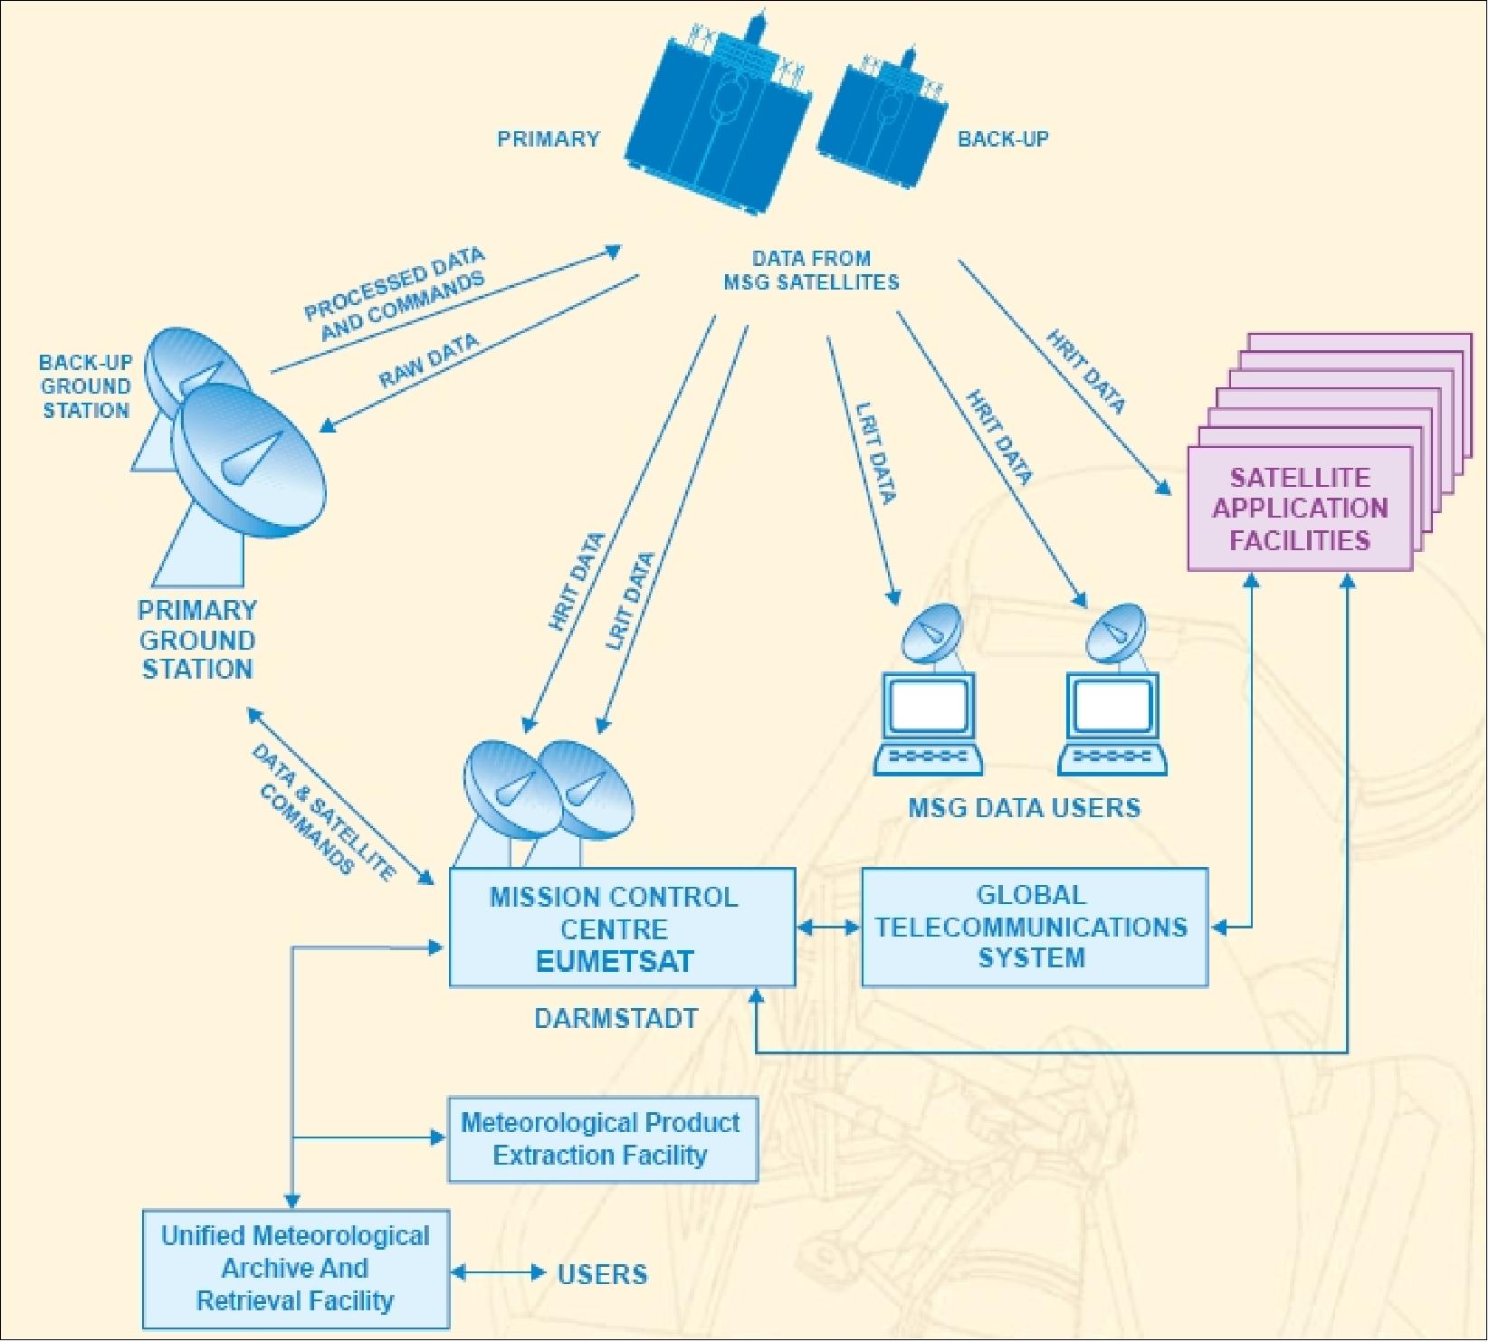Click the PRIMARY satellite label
[x=549, y=139]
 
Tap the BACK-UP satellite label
[x=1003, y=139]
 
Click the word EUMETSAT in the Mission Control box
[x=615, y=961]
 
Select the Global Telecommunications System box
[x=1033, y=927]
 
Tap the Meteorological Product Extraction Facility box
[x=602, y=1139]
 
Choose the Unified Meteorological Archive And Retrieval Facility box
[x=295, y=1269]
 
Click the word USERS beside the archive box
[x=602, y=1275]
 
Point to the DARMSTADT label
[x=616, y=1019]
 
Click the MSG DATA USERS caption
[x=1024, y=808]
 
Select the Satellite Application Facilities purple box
[x=1300, y=509]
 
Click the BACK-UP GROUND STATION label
[x=86, y=386]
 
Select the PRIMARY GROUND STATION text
[x=197, y=640]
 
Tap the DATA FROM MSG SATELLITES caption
[x=811, y=271]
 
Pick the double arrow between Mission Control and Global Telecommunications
[x=828, y=928]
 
